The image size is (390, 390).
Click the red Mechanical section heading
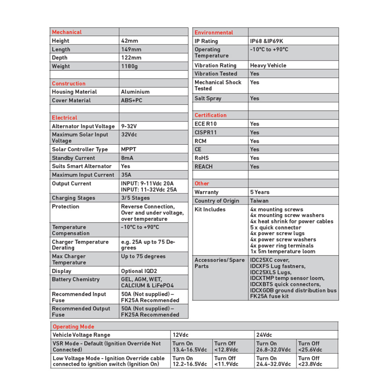point(67,32)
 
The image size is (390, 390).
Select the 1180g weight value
point(129,66)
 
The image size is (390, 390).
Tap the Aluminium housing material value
point(135,92)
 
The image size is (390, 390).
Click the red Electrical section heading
point(64,118)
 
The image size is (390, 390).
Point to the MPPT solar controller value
point(128,149)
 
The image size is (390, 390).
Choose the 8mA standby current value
point(127,158)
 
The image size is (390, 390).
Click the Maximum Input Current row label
point(83,175)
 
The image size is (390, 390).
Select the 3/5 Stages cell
point(135,198)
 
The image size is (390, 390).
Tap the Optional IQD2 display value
point(139,271)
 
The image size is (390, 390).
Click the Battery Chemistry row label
point(76,280)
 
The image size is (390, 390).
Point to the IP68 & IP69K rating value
point(266,41)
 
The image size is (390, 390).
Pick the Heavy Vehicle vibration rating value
point(268,66)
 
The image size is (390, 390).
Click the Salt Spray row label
point(208,98)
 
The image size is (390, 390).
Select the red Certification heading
point(211,115)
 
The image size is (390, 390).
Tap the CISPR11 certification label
point(206,133)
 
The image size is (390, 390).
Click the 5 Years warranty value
point(260,192)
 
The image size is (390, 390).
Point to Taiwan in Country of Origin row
point(259,201)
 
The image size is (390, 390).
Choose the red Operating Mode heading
point(73,326)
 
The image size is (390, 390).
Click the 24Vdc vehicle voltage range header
point(264,335)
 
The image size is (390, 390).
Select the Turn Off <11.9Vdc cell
point(226,361)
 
